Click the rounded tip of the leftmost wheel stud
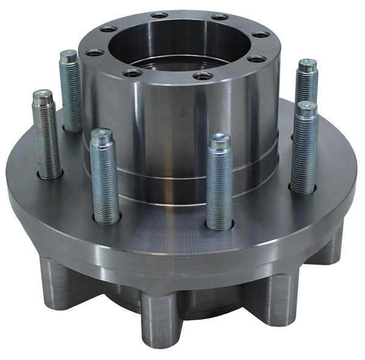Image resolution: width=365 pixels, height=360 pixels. (43, 96)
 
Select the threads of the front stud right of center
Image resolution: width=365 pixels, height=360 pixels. (218, 189)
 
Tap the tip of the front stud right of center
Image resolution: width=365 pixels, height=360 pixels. (218, 139)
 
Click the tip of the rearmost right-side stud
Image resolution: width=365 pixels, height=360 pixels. (308, 65)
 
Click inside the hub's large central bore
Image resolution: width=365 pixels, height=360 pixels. (176, 40)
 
